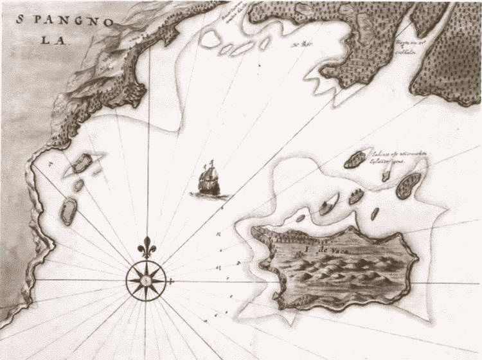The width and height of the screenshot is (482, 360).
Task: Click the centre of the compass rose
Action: point(147,280)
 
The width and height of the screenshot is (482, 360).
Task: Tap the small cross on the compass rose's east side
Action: point(170,281)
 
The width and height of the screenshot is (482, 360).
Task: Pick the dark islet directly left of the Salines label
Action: point(354,160)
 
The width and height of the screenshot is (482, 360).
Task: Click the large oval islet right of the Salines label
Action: point(406,185)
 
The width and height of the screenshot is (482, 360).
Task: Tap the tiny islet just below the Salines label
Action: point(386,175)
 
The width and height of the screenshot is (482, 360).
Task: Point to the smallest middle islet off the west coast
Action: point(78,185)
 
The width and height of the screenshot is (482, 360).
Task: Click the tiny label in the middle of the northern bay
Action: point(297,45)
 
